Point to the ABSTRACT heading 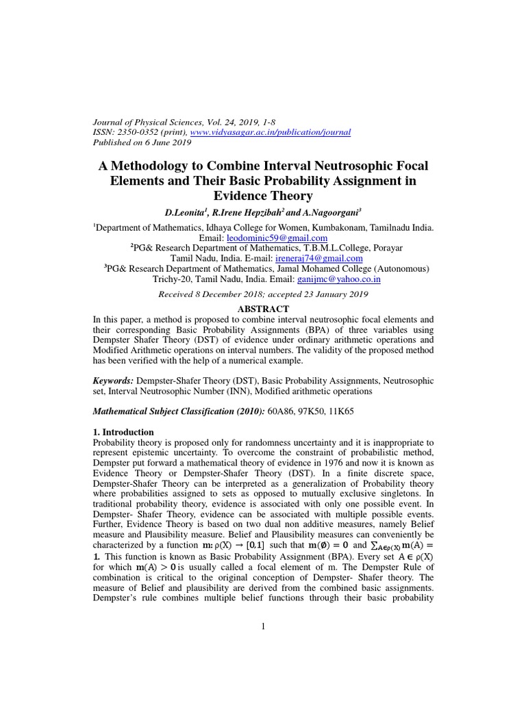click(x=262, y=309)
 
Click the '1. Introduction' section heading click(x=123, y=432)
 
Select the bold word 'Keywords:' click(x=114, y=380)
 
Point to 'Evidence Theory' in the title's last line click(x=262, y=196)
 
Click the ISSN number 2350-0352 click(x=139, y=131)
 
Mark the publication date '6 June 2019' click(x=166, y=142)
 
